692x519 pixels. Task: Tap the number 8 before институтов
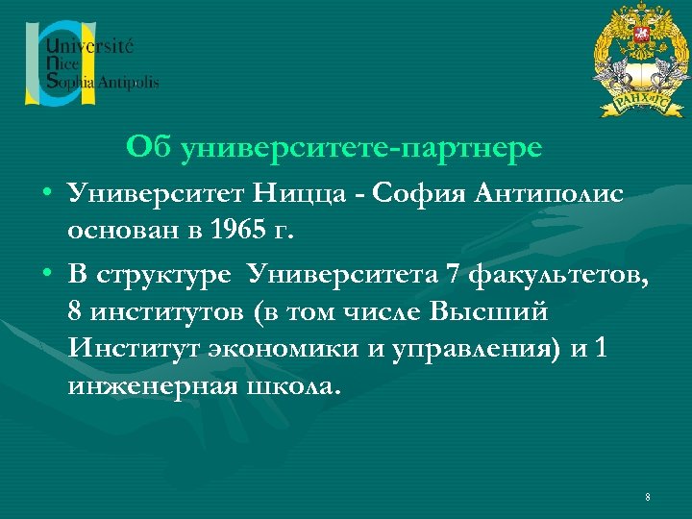(x=75, y=312)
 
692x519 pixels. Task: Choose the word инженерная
(x=144, y=387)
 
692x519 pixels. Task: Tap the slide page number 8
(x=648, y=497)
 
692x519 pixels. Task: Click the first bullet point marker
(x=46, y=195)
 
